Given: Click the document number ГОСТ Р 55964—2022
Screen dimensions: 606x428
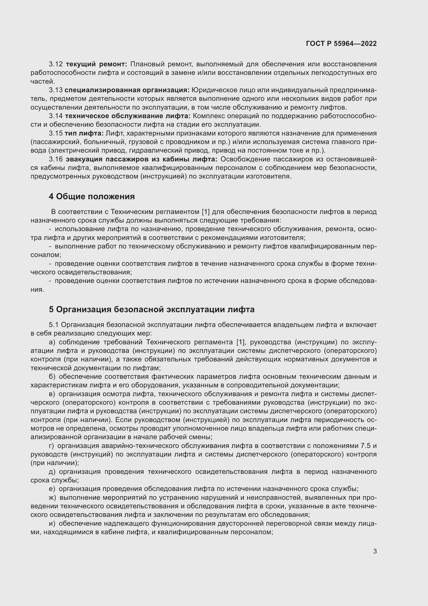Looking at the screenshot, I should tap(341, 44).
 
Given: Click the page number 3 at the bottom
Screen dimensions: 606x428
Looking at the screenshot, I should tap(375, 551).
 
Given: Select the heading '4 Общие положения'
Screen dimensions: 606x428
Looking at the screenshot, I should tap(92, 196).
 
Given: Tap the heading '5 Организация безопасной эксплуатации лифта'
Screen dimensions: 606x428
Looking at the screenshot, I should tap(152, 309).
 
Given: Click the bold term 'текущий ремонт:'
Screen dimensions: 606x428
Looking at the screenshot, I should tap(97, 64).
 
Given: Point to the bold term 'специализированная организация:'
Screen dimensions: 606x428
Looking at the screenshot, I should tap(127, 90).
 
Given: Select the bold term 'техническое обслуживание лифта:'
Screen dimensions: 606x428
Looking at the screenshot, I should tap(128, 116).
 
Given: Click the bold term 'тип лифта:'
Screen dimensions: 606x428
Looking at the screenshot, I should tap(84, 133).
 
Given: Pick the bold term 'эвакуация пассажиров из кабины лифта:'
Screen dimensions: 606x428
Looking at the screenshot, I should tap(142, 159).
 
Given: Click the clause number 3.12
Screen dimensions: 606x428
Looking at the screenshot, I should tap(56, 64).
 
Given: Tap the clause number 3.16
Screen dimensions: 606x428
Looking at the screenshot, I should tap(56, 159).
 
